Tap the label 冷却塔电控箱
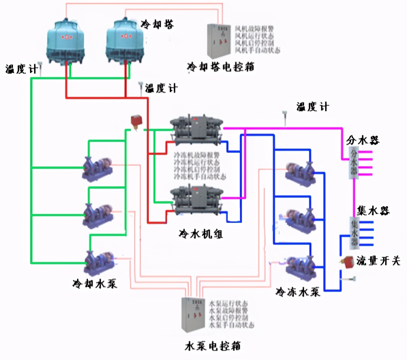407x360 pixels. tap(221, 67)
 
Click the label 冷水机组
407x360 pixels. tap(201, 234)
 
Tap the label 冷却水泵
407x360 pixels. tap(95, 283)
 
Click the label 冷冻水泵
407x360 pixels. tap(298, 292)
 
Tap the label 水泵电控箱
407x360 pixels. tap(213, 346)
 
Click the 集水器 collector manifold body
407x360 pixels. tap(354, 233)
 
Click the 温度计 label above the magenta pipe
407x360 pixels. tap(312, 107)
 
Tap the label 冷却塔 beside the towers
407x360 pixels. tap(157, 24)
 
